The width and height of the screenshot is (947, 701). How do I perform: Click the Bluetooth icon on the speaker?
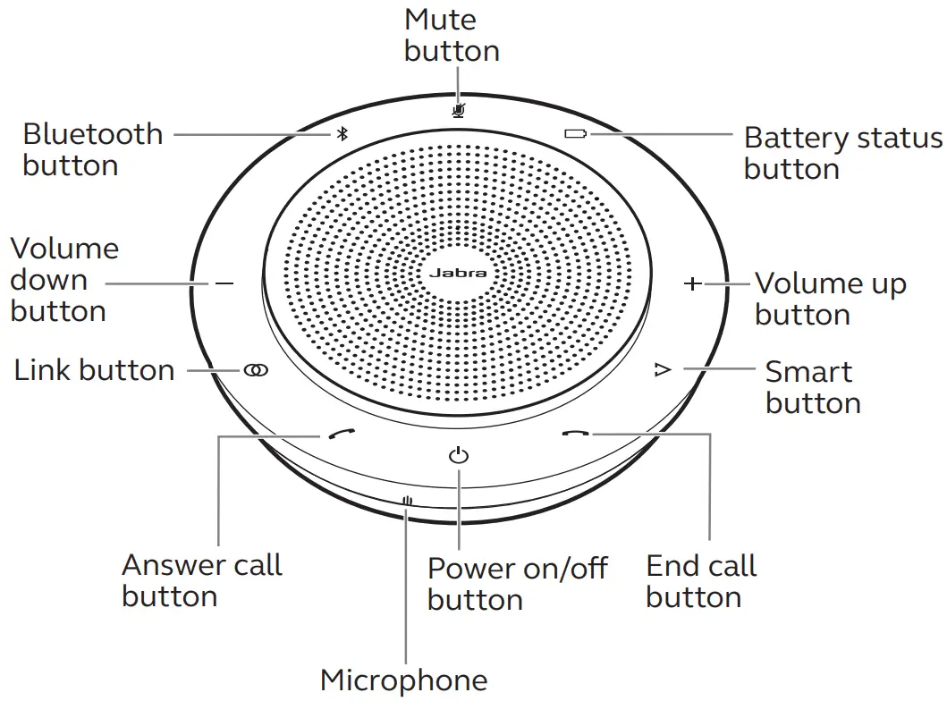(x=342, y=134)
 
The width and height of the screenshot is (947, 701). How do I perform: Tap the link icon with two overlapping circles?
(x=255, y=370)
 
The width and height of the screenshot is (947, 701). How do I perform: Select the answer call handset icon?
(x=337, y=435)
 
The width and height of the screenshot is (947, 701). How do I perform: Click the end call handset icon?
(x=576, y=435)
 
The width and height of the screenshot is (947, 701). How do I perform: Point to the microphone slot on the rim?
(x=407, y=503)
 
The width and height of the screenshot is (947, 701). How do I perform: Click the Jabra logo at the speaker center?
(x=456, y=273)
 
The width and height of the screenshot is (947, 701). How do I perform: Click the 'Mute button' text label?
(x=452, y=35)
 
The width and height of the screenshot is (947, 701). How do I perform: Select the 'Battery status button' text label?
(x=842, y=153)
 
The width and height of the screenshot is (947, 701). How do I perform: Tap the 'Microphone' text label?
(x=404, y=680)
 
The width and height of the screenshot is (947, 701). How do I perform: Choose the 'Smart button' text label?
(x=812, y=386)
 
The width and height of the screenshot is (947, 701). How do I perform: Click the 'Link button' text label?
(x=94, y=370)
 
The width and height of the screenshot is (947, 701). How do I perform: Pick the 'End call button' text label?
(x=701, y=581)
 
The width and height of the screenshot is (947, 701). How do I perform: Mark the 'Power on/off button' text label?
(x=517, y=583)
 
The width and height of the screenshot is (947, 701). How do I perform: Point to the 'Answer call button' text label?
(x=202, y=580)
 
